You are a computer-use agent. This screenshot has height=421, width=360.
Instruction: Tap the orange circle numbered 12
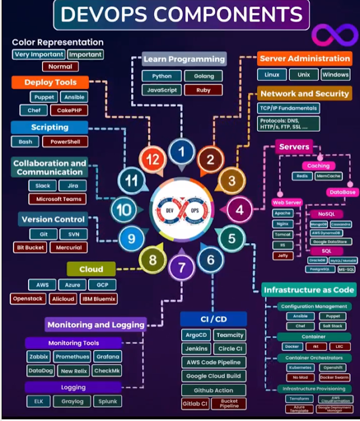pyautogui.click(x=153, y=158)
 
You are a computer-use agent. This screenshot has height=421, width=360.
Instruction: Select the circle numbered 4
pyautogui.click(x=240, y=209)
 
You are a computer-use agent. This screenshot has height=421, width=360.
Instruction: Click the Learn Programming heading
pyautogui.click(x=183, y=59)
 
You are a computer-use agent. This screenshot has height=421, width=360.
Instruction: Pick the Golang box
pyautogui.click(x=203, y=76)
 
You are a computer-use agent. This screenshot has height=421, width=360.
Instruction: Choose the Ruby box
pyautogui.click(x=203, y=90)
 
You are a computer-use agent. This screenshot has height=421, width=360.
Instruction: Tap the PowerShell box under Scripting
pyautogui.click(x=68, y=142)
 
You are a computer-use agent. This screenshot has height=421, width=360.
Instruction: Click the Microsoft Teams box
pyautogui.click(x=58, y=199)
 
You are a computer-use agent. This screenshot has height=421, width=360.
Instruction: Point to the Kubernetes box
pyautogui.click(x=299, y=368)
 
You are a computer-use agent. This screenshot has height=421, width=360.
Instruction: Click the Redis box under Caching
pyautogui.click(x=301, y=176)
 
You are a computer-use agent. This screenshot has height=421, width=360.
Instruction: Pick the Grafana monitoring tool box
pyautogui.click(x=107, y=356)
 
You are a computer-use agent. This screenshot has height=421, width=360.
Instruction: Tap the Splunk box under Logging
pyautogui.click(x=107, y=401)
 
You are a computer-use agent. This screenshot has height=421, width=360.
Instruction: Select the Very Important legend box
pyautogui.click(x=38, y=54)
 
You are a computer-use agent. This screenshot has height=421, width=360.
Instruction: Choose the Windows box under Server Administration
pyautogui.click(x=335, y=75)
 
